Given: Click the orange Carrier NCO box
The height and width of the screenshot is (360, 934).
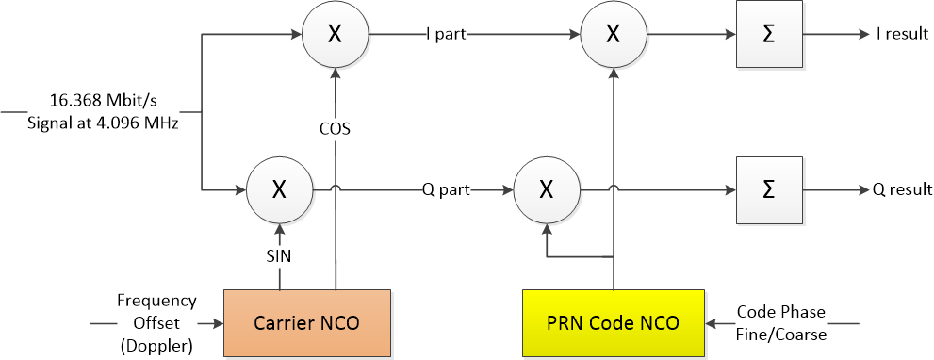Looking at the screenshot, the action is click(306, 323).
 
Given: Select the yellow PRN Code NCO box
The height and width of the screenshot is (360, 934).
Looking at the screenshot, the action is click(613, 323).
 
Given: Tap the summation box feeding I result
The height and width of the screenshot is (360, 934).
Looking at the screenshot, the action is click(770, 34).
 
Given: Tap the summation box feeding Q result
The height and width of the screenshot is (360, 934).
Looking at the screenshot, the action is click(770, 190).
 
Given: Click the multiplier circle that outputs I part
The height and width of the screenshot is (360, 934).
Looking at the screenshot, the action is click(336, 34).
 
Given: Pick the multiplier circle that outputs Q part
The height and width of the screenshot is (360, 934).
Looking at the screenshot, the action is click(279, 190).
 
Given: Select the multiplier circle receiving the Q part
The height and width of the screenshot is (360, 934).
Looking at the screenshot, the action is click(547, 190).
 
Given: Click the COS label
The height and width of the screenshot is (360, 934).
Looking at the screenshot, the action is click(335, 129).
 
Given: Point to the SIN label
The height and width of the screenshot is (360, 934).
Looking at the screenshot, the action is click(278, 256).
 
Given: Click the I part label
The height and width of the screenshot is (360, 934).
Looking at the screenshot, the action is click(445, 34).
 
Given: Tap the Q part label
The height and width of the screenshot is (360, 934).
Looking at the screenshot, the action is click(446, 190).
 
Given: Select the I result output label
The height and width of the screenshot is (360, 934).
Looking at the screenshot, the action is click(902, 34).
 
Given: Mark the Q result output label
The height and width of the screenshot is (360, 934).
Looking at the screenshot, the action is click(902, 190).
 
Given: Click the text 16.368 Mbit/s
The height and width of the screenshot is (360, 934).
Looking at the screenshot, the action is click(103, 99).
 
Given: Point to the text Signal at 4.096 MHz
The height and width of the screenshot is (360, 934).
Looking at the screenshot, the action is click(103, 124).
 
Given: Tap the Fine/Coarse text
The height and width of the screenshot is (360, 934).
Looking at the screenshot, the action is click(781, 335).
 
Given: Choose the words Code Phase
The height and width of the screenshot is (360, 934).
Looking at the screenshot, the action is click(781, 312).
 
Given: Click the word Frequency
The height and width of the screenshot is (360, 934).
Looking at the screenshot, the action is click(156, 300).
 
